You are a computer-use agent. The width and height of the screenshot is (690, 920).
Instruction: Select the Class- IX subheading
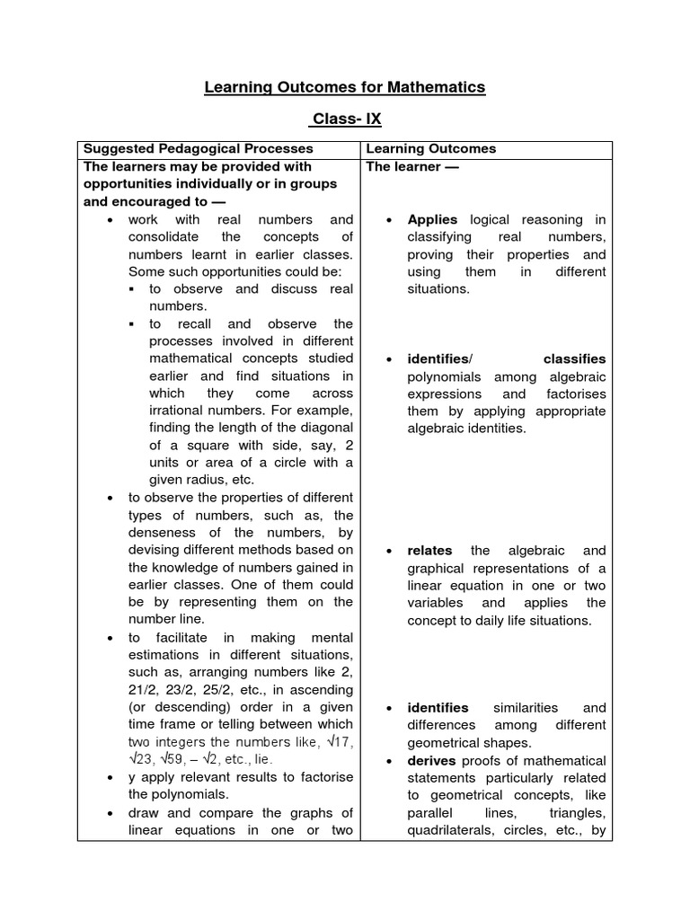(x=344, y=119)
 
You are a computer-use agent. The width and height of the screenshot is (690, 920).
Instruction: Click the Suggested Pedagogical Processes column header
(x=198, y=149)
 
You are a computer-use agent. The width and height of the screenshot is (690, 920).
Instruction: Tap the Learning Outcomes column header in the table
(x=430, y=149)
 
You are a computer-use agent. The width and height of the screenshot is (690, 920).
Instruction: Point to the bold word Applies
(x=432, y=219)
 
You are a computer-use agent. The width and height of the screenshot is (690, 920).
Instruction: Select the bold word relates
(x=429, y=551)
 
